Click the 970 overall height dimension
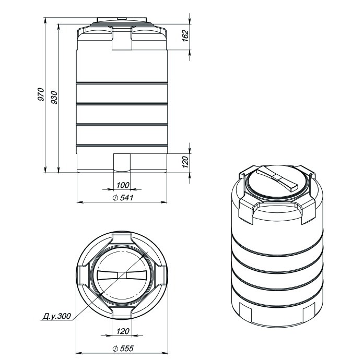[41, 94]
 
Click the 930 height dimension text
[54, 98]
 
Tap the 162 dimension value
[185, 35]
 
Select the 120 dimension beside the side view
[185, 162]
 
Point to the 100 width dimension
[123, 185]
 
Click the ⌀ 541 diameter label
[123, 198]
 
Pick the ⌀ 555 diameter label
[123, 349]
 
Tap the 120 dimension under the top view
[123, 331]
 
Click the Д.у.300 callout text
[56, 316]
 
